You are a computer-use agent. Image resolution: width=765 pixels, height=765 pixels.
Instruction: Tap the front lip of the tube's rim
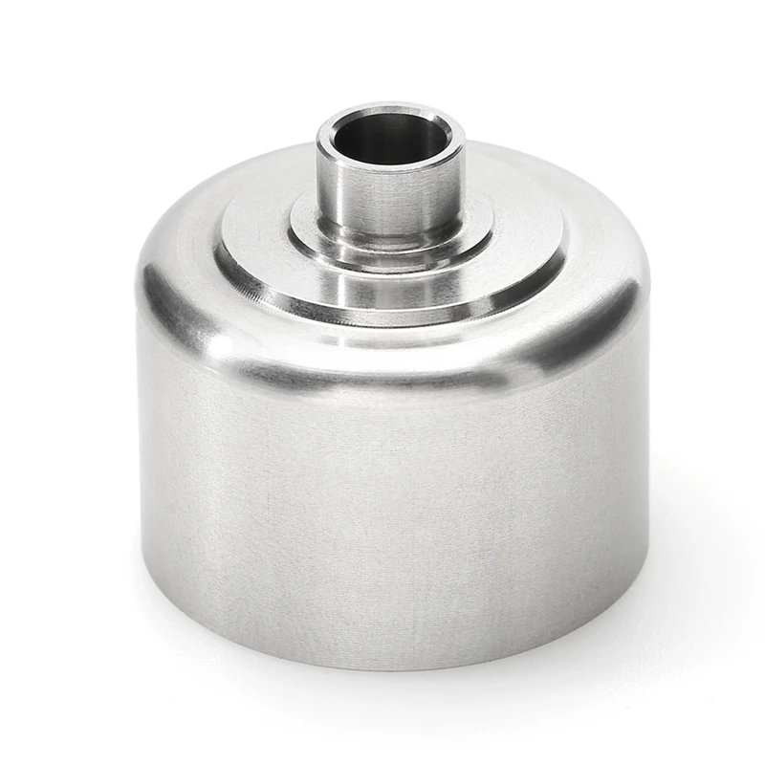point(387,167)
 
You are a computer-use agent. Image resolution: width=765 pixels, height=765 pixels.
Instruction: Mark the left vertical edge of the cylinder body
point(141,459)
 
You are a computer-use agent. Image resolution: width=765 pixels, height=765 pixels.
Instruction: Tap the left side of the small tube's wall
point(325,191)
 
